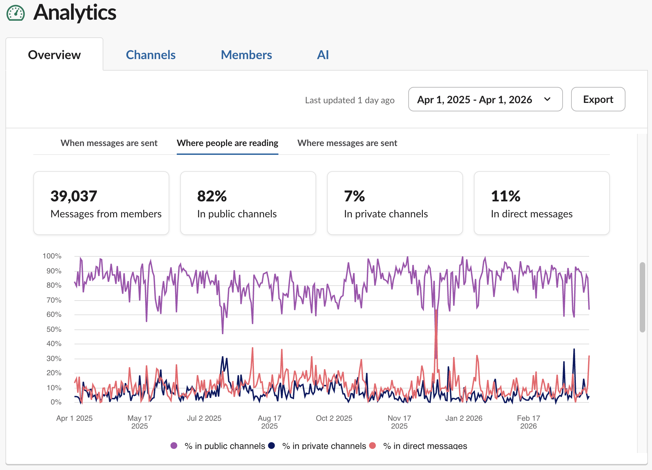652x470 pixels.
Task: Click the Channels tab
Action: coord(151,55)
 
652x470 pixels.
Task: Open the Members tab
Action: coord(246,55)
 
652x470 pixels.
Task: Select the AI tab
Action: coord(323,55)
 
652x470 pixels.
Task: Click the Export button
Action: coord(598,100)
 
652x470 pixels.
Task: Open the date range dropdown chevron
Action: coord(547,100)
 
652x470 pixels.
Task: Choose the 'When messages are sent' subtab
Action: coord(109,143)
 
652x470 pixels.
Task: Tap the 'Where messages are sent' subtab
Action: coord(347,143)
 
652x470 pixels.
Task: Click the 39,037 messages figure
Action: coord(74,196)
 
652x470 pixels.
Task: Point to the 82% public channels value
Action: coord(212,196)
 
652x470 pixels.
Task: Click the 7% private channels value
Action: coord(354,196)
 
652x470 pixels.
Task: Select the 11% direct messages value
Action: coord(505,196)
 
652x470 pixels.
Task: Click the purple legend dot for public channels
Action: coord(174,446)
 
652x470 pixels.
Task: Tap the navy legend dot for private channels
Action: coord(271,446)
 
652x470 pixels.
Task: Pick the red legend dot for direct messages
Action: coord(373,446)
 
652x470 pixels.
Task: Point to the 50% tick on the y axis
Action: coord(54,329)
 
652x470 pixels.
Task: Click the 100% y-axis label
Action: coord(52,256)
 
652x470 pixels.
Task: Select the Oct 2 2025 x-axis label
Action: coord(334,418)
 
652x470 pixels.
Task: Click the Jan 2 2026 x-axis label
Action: coord(464,418)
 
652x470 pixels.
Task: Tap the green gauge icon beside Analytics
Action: coord(16,14)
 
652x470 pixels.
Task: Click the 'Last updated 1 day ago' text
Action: coord(349,100)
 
